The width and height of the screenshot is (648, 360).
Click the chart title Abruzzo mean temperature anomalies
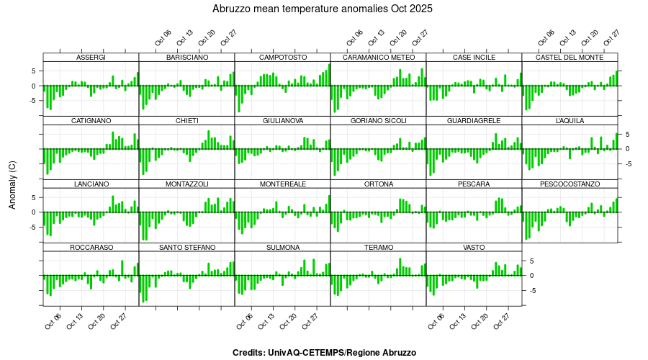click(323, 9)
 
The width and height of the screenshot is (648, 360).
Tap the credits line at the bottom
click(324, 353)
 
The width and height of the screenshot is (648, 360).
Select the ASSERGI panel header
click(91, 57)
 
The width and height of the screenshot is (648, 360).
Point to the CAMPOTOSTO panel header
click(282, 57)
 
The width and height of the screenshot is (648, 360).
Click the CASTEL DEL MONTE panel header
click(570, 57)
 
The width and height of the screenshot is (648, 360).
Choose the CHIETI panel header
click(186, 120)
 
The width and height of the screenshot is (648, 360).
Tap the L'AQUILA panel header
click(570, 120)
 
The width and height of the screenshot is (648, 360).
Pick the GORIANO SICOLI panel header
click(378, 120)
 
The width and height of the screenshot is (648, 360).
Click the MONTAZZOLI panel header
click(186, 184)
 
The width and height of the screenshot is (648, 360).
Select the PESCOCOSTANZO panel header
click(570, 184)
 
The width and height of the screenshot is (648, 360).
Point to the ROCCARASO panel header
click(91, 248)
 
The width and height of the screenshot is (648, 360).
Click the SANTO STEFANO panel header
click(186, 248)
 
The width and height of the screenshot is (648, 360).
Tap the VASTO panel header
click(474, 248)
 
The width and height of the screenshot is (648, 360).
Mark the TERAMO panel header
click(378, 248)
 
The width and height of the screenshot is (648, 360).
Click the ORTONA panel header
click(378, 184)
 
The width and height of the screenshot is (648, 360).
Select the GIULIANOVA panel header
click(282, 120)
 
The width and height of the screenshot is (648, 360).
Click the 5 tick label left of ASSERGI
click(33, 71)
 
